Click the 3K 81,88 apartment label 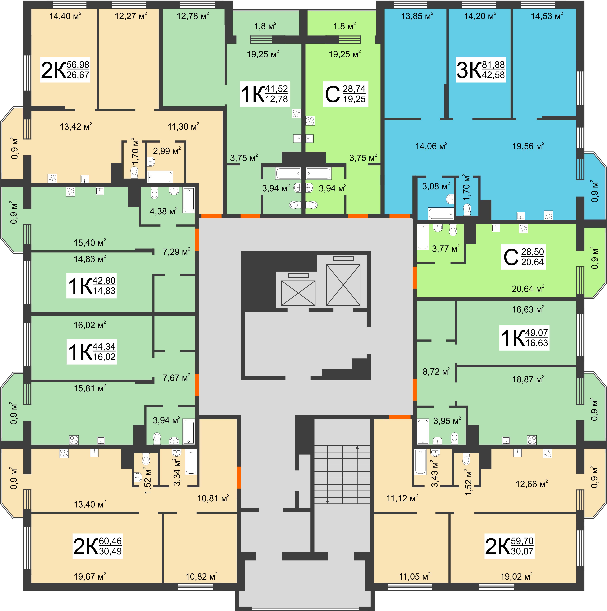pyautogui.click(x=481, y=70)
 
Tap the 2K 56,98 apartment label pyautogui.click(x=65, y=70)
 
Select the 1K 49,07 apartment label pyautogui.click(x=524, y=338)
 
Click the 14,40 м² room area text pyautogui.click(x=65, y=16)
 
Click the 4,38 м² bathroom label pyautogui.click(x=163, y=211)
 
